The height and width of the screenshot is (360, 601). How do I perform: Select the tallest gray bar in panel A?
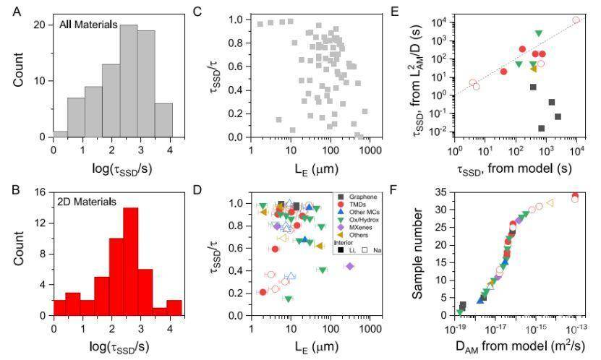pyautogui.click(x=129, y=80)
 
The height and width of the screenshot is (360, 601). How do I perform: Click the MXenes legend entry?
pyautogui.click(x=361, y=226)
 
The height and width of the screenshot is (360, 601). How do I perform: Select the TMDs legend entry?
pyautogui.click(x=359, y=205)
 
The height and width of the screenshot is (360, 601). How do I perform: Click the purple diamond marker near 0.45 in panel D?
pyautogui.click(x=350, y=266)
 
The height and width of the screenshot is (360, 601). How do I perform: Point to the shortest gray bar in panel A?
pyautogui.click(x=60, y=134)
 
